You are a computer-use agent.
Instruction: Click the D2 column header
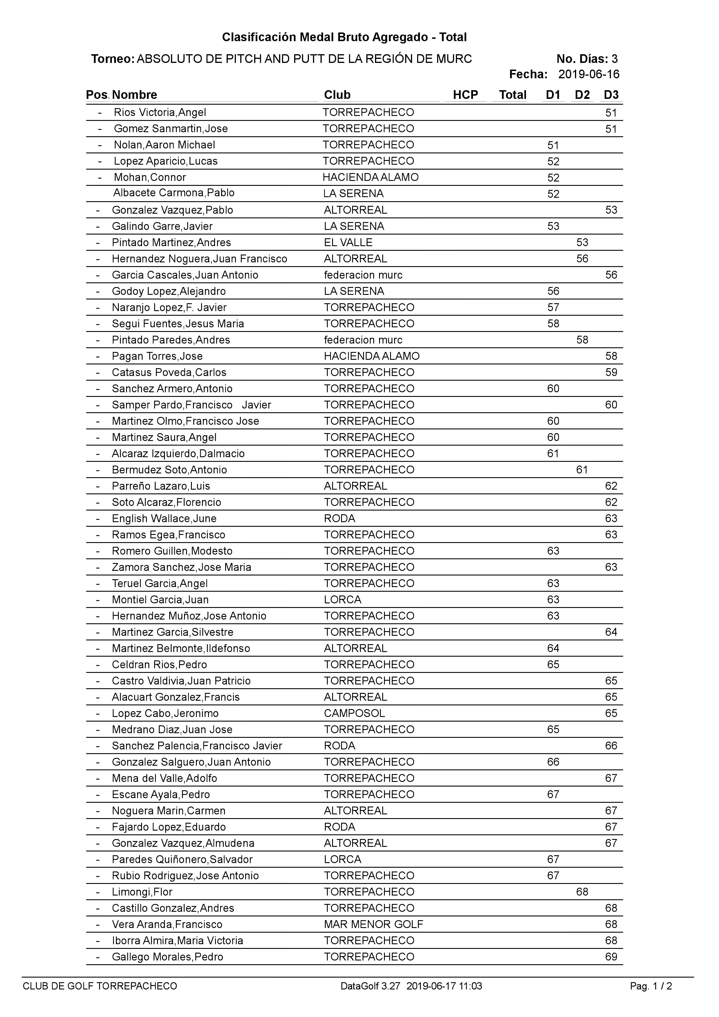pyautogui.click(x=582, y=95)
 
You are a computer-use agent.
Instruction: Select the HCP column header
pyautogui.click(x=465, y=95)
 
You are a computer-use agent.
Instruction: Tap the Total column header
pyautogui.click(x=513, y=95)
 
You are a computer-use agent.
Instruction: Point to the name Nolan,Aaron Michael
pyautogui.click(x=164, y=145)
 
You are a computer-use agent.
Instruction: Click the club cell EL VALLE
pyautogui.click(x=348, y=242)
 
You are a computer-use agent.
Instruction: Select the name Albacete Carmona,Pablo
pyautogui.click(x=174, y=193)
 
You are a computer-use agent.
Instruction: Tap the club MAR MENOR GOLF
pyautogui.click(x=373, y=925)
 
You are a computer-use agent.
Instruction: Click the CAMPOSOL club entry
pyautogui.click(x=354, y=713)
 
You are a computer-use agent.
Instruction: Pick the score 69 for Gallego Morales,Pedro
pyautogui.click(x=611, y=957)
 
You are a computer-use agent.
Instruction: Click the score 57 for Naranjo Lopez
pyautogui.click(x=553, y=307)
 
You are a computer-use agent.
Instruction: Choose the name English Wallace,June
pyautogui.click(x=164, y=518)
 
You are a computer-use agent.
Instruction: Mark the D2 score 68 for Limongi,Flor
pyautogui.click(x=582, y=892)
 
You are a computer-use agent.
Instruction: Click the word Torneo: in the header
pyautogui.click(x=112, y=59)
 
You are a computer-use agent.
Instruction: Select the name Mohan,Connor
pyautogui.click(x=150, y=177)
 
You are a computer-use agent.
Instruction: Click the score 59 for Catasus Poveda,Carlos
pyautogui.click(x=611, y=372)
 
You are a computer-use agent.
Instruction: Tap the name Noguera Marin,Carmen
pyautogui.click(x=169, y=811)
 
